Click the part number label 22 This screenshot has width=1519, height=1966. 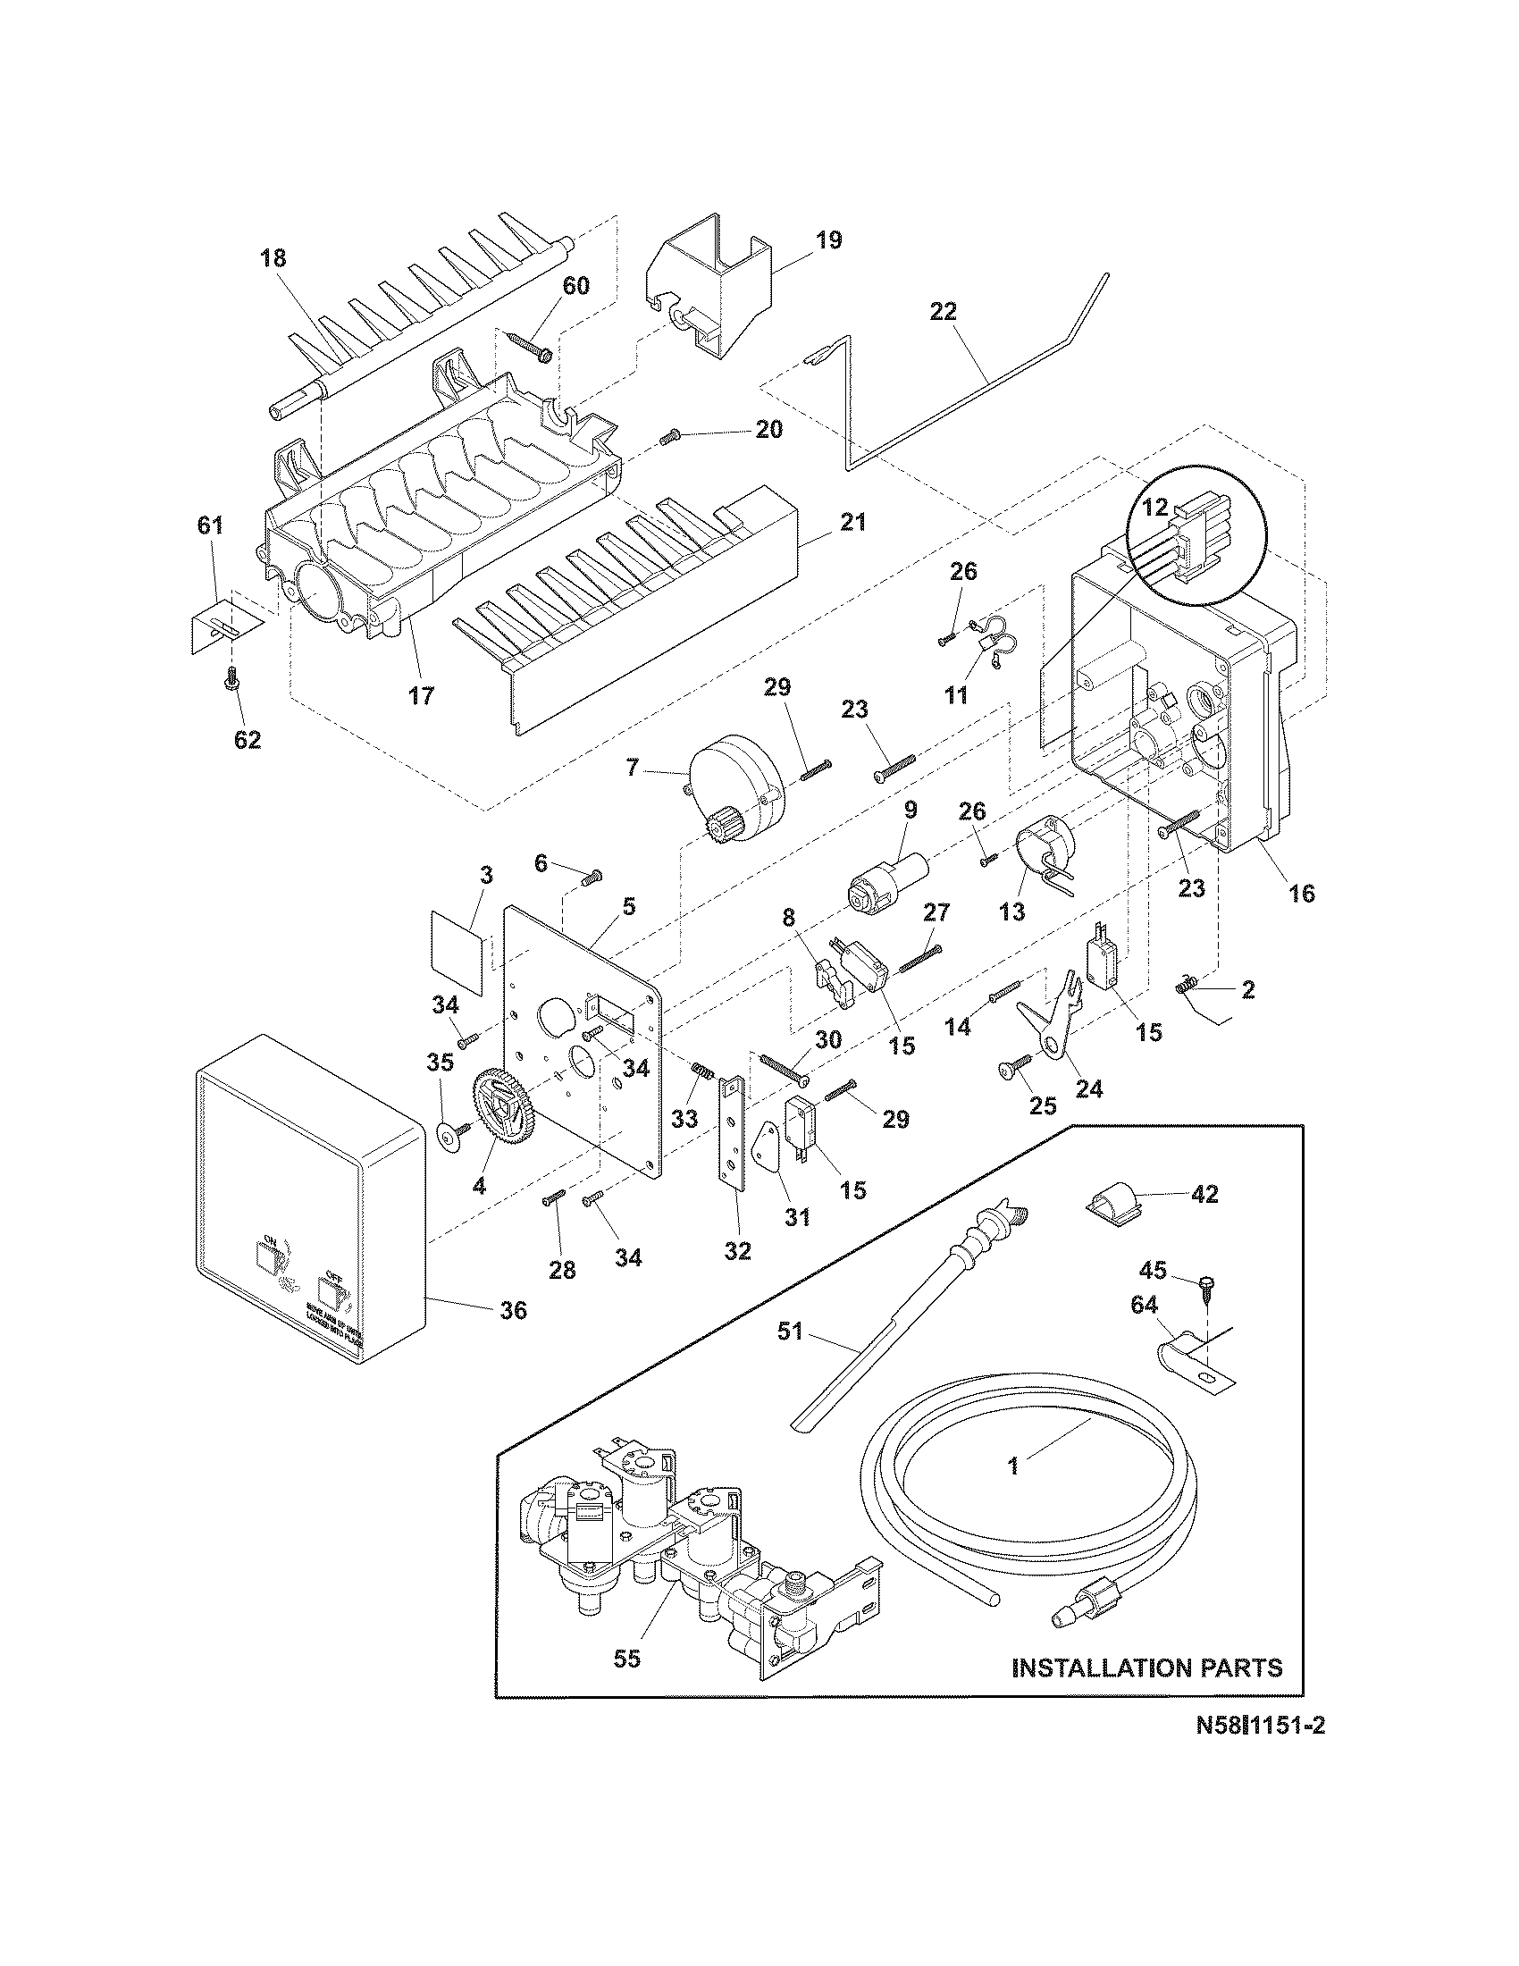click(x=944, y=312)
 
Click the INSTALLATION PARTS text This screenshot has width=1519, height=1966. click(x=1147, y=1668)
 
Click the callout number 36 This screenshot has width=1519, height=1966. click(x=514, y=1311)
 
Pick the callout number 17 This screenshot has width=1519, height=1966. click(x=421, y=695)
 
